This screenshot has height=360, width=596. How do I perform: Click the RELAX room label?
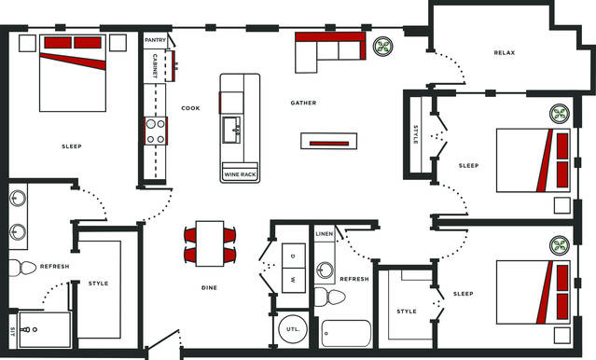coord(504,53)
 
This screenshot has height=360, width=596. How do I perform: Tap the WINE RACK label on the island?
coord(240,174)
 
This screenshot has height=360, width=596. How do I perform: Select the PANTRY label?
coord(155,40)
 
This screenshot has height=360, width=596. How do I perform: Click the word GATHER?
coord(303,103)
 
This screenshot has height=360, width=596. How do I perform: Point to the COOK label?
coord(190,108)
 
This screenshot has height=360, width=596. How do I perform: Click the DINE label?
coord(210,288)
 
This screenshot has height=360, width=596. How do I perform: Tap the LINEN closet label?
coord(325,234)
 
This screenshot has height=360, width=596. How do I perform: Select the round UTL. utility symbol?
coord(293,329)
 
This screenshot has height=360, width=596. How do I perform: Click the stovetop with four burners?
coord(156,131)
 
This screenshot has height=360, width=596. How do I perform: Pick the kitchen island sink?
coord(232,130)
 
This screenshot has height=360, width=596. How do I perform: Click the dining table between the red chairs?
coord(210,243)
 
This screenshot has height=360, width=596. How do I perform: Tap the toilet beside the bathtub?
coord(329,297)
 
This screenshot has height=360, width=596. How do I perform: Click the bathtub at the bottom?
coord(346,333)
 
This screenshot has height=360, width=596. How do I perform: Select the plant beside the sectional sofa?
coord(382,47)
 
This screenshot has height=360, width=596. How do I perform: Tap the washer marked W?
coord(294,281)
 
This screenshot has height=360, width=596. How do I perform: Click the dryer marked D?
coord(294,256)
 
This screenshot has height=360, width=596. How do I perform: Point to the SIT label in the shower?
coord(12,331)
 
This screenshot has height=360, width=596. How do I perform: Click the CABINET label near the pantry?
coord(155,66)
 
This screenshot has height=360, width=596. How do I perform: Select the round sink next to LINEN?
coord(325,270)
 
